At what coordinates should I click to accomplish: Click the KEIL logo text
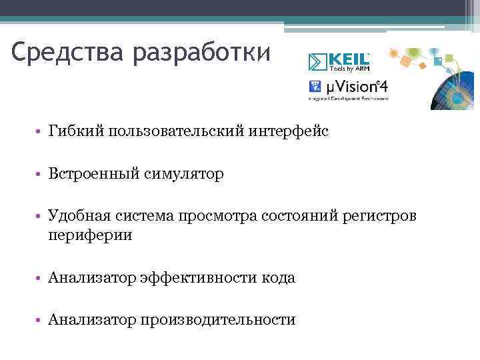click(348, 58)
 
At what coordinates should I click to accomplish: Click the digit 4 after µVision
click(383, 87)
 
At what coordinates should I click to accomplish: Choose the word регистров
click(381, 217)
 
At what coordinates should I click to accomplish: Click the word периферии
click(90, 235)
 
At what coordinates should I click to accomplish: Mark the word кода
click(278, 278)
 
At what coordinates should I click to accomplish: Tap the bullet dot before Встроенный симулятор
click(41, 175)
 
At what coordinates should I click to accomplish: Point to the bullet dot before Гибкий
click(41, 133)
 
